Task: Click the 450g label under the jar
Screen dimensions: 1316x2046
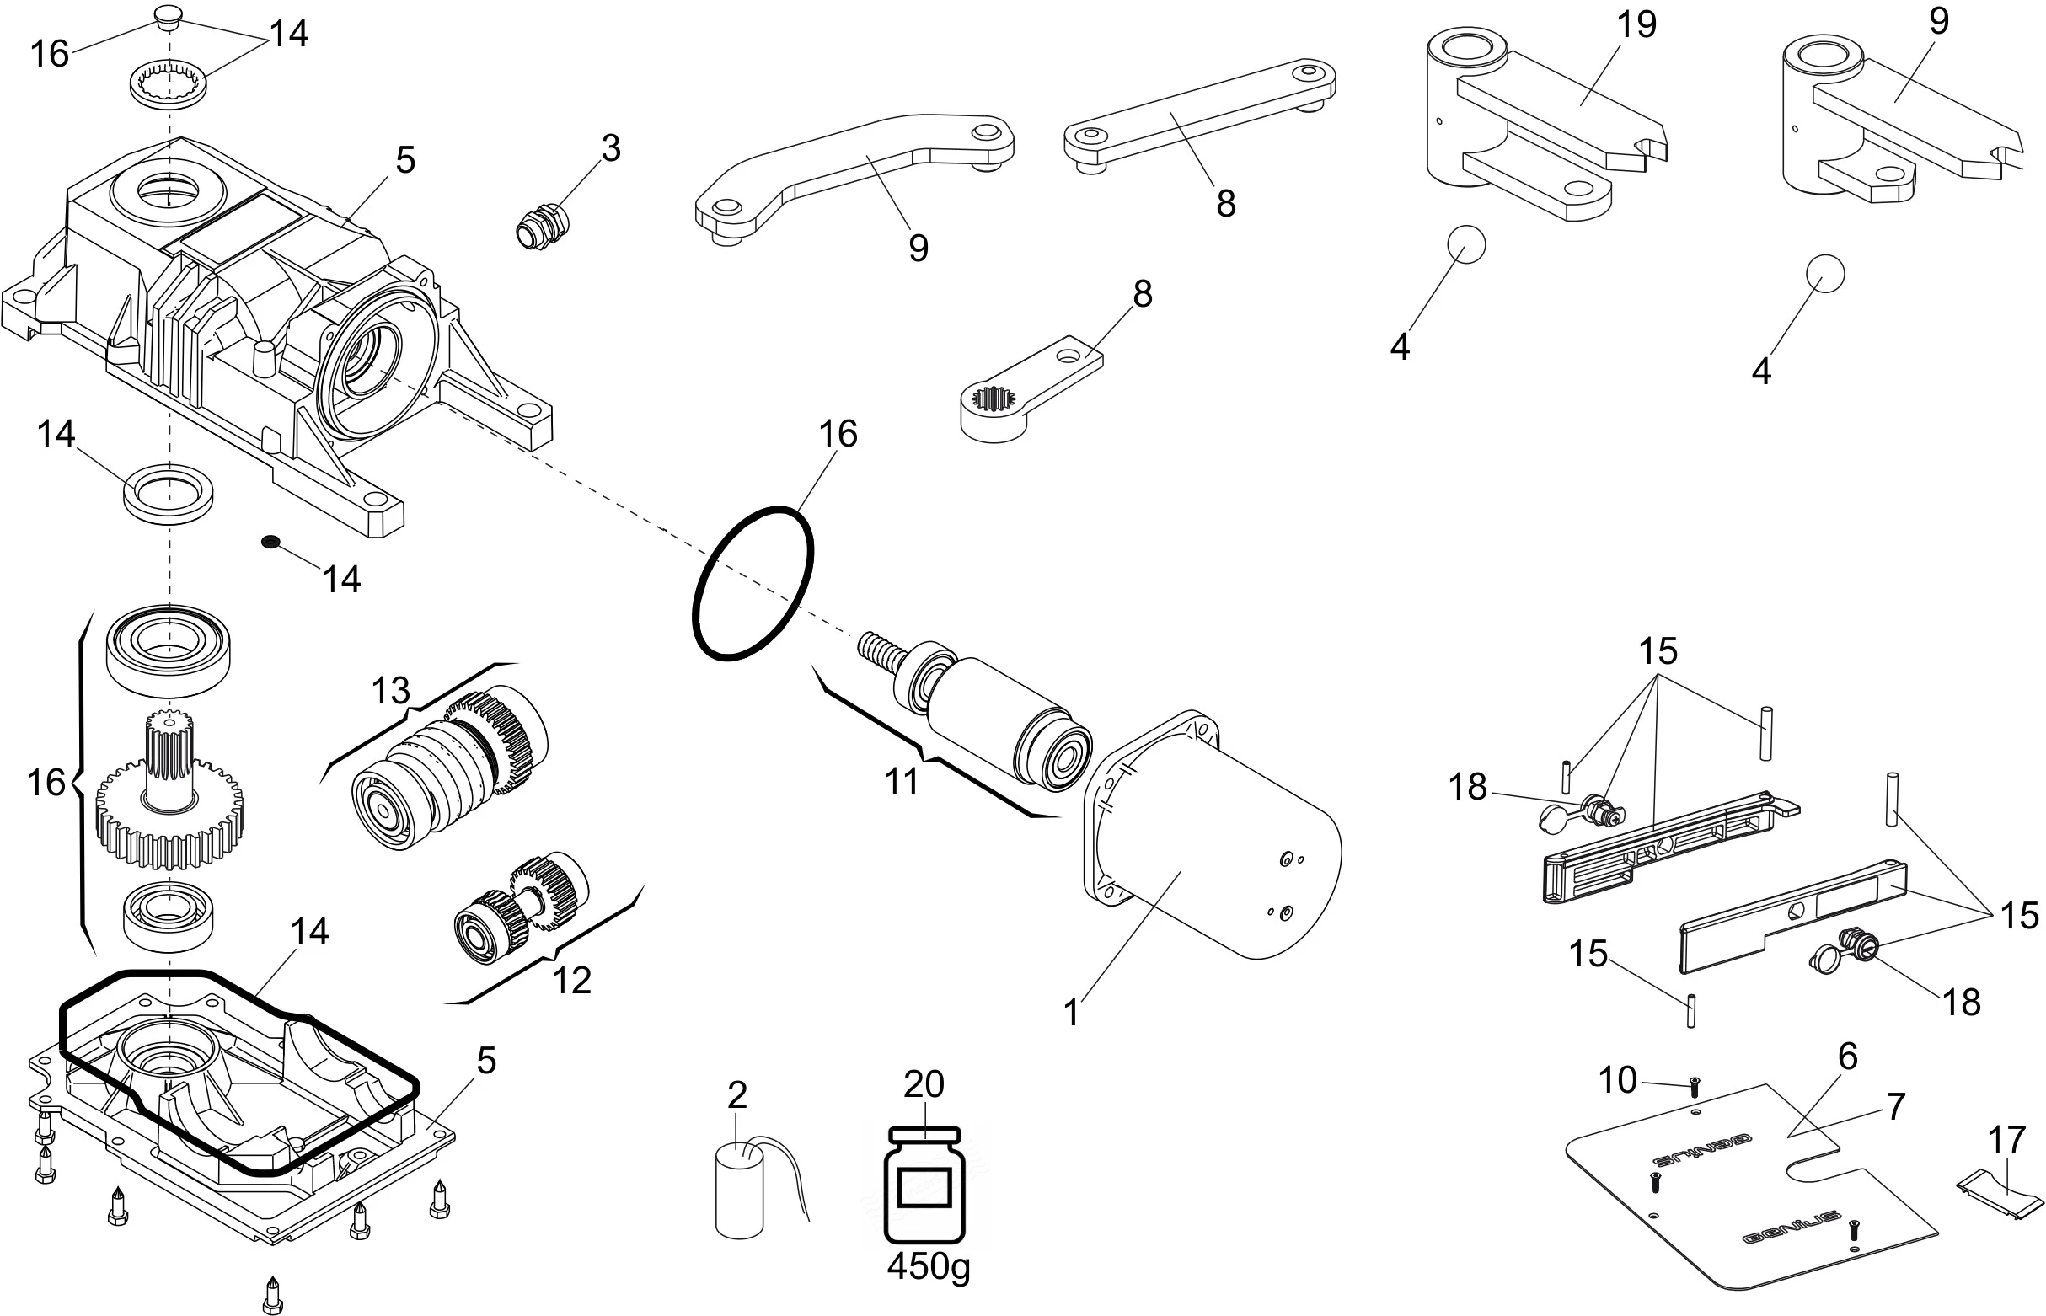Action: coord(928,1265)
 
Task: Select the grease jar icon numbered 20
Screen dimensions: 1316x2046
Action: coord(924,1185)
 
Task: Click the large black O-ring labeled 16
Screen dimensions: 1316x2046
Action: coord(752,584)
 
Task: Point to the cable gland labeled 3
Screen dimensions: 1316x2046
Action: coord(543,225)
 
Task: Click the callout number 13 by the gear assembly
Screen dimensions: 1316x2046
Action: coord(390,691)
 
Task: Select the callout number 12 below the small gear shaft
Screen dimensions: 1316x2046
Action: coord(572,980)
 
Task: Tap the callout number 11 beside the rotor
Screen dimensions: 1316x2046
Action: coord(902,781)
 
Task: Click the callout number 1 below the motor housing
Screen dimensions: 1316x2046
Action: coord(1072,1014)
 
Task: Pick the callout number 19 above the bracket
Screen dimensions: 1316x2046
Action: coord(1636,24)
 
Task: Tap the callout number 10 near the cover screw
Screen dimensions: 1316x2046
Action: coord(1617,1080)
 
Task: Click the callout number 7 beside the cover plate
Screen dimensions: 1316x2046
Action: coord(1896,1107)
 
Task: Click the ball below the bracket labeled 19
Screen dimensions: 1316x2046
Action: coord(1465,245)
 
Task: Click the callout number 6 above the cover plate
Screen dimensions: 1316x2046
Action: coord(1848,1057)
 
